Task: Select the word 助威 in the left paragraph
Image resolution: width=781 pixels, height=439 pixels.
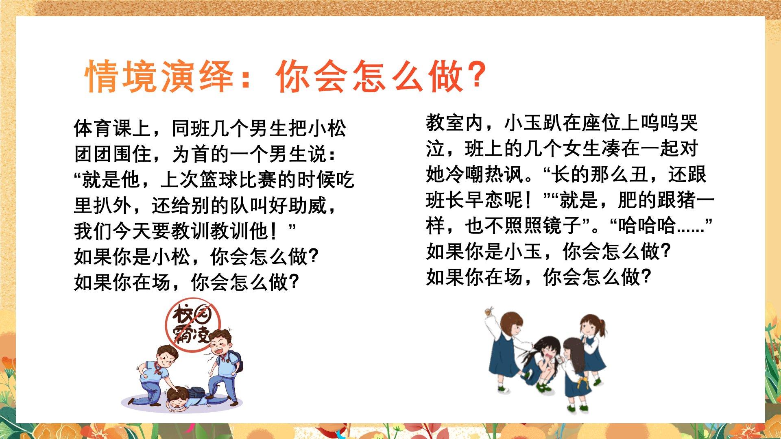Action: (308, 205)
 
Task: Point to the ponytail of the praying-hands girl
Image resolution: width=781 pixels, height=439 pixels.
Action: (602, 328)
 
